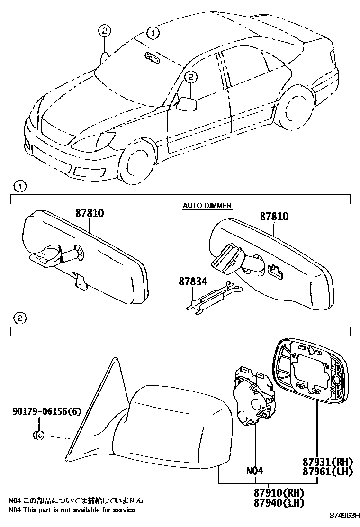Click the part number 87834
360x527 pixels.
193,281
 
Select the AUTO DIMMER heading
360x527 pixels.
207,205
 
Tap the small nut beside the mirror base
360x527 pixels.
39,435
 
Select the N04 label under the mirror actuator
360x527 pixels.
254,471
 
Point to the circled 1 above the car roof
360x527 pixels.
153,33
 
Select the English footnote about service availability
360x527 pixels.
72,510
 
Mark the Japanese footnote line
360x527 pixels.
75,500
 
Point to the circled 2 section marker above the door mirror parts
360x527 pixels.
19,318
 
